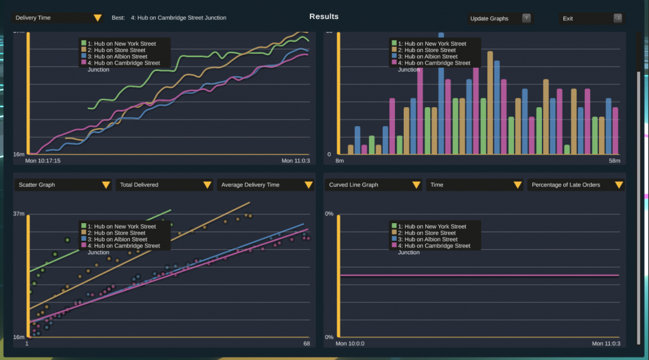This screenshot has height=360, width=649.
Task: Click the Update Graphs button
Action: pyautogui.click(x=500, y=18)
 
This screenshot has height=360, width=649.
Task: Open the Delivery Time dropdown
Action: pyautogui.click(x=58, y=18)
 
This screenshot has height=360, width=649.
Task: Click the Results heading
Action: pyautogui.click(x=324, y=16)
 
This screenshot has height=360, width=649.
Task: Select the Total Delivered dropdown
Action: pyautogui.click(x=164, y=185)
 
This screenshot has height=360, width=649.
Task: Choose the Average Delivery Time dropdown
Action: pyautogui.click(x=265, y=185)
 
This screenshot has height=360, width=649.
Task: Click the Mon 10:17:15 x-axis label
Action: pyautogui.click(x=43, y=161)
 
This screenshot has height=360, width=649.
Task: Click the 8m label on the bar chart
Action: pyautogui.click(x=340, y=161)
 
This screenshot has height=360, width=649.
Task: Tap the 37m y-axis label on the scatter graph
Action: pyautogui.click(x=19, y=214)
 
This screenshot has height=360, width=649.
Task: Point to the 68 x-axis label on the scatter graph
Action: pyautogui.click(x=307, y=344)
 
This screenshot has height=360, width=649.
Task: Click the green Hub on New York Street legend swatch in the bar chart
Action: pyautogui.click(x=394, y=44)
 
